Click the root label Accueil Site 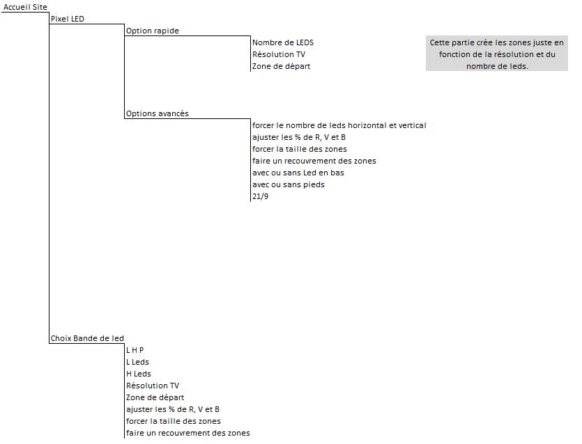[25, 7]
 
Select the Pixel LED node [68, 19]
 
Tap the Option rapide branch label [152, 31]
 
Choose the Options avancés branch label [158, 113]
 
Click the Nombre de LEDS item [283, 42]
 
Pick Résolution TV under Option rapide [279, 54]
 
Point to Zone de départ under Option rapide [282, 66]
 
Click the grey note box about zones [497, 54]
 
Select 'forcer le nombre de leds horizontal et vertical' [339, 126]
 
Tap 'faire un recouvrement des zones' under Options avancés [314, 161]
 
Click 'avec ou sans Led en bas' [298, 173]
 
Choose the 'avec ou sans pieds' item [289, 185]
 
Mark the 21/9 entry [260, 196]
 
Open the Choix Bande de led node [87, 338]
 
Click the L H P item [135, 350]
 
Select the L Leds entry [137, 362]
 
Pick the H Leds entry [139, 374]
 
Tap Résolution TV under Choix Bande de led [153, 386]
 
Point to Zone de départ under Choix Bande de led [155, 397]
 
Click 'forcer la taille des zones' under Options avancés [300, 150]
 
